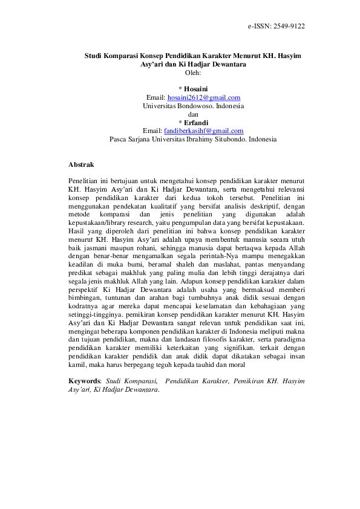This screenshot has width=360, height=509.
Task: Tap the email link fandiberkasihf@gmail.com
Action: click(x=204, y=131)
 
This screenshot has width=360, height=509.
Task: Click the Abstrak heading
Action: click(x=81, y=164)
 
